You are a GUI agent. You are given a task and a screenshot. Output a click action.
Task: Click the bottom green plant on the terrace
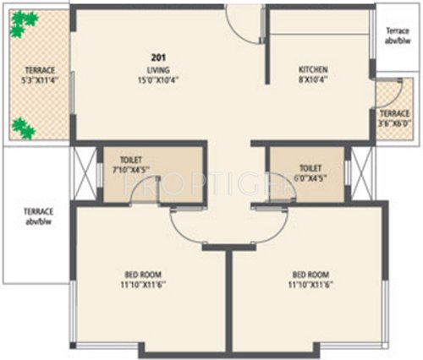tap(22, 128)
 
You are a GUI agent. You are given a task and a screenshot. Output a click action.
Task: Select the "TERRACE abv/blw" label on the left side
tap(37, 216)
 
